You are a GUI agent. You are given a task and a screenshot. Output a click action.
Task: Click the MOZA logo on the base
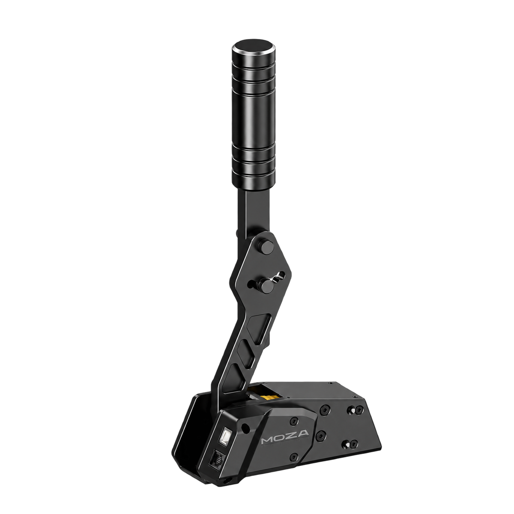click(x=284, y=439)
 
